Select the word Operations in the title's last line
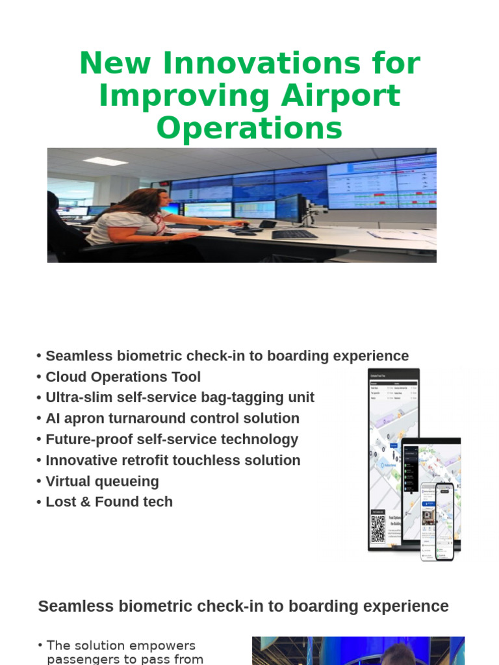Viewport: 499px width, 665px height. tap(249, 127)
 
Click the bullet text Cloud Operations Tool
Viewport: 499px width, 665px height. tap(123, 377)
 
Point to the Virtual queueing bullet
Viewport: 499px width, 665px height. tap(102, 481)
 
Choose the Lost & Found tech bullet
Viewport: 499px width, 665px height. tap(109, 502)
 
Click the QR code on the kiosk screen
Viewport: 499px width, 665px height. tap(377, 529)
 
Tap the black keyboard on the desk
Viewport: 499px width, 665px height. tap(294, 234)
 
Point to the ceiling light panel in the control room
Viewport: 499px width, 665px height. tap(105, 160)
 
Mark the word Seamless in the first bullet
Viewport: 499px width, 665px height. tap(78, 357)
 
